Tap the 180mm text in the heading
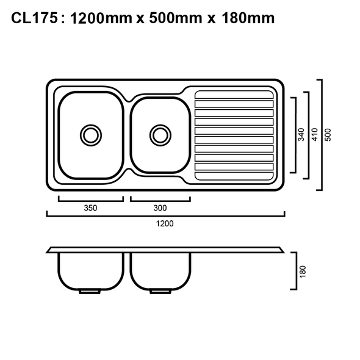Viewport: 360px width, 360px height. [243, 18]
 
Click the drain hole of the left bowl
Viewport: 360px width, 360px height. [90, 133]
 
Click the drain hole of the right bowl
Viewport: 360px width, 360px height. [160, 133]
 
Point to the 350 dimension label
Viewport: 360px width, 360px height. [90, 208]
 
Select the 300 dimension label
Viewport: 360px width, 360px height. [160, 208]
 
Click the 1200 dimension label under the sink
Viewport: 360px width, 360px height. [165, 223]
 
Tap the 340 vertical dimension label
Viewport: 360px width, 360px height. [301, 135]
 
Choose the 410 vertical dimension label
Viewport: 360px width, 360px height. [315, 135]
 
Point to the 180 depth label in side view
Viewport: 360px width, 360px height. [303, 271]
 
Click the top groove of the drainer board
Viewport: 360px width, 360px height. [234, 95]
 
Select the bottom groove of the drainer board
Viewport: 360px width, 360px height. [234, 176]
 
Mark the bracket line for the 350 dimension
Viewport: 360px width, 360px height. [90, 199]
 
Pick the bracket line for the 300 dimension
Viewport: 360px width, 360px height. [160, 199]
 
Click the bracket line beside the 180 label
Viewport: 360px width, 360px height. [295, 271]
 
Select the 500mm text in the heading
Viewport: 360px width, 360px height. [173, 18]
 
